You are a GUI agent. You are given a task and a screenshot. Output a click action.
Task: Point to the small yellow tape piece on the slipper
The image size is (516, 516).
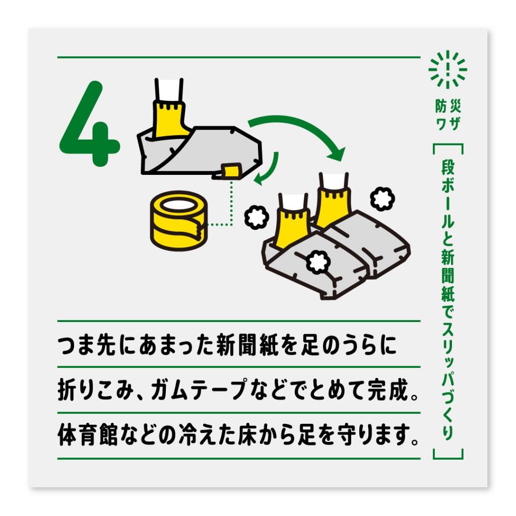231,170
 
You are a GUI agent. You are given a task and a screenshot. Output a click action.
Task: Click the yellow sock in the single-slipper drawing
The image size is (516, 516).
169,118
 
